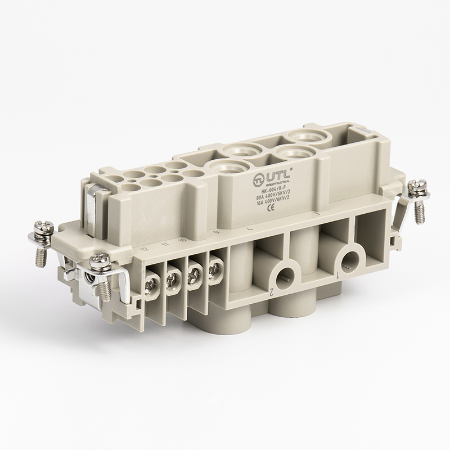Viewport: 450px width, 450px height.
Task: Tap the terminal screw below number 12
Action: point(152,280)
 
